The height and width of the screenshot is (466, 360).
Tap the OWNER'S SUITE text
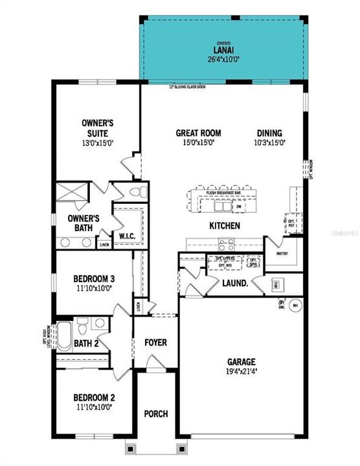pos(98,127)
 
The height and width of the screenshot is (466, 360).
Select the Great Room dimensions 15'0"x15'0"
pos(195,142)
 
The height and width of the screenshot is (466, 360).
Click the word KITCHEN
pos(224,226)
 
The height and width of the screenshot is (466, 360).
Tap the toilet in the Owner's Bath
pos(135,192)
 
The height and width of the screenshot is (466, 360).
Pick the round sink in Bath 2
pos(98,324)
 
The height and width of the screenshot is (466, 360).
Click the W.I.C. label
pos(126,237)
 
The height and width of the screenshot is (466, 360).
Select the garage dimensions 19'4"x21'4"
pos(241,372)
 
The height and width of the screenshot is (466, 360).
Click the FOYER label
pos(155,341)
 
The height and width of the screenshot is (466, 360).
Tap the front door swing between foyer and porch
pos(154,368)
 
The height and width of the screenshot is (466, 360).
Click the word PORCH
pos(155,414)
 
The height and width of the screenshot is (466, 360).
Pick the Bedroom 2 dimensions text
pos(94,407)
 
